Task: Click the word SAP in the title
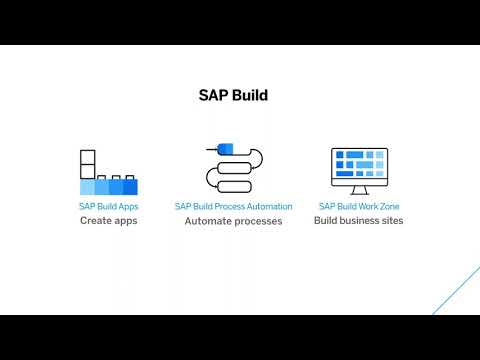point(213,96)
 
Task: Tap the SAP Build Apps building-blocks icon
point(107,172)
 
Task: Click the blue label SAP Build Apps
point(108,206)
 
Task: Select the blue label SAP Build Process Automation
point(233,206)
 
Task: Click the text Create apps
point(108,220)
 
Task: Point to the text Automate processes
point(233,221)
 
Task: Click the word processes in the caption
point(257,221)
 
